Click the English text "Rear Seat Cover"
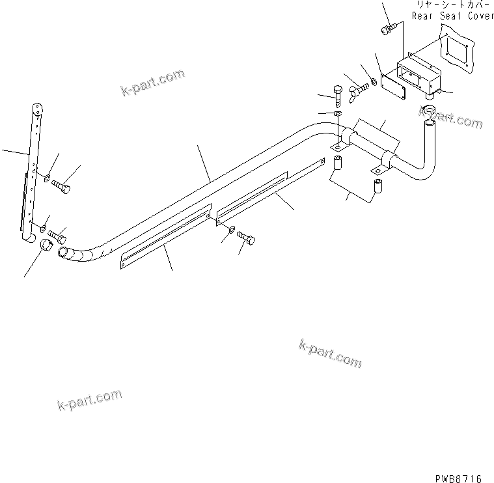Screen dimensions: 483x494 point(452,16)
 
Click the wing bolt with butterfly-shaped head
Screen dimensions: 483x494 point(357,87)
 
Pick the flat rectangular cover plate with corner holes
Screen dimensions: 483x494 point(393,87)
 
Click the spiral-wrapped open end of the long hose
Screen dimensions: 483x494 point(65,252)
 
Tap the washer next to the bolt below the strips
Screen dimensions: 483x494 point(232,230)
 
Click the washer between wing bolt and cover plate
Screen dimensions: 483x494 point(373,81)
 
